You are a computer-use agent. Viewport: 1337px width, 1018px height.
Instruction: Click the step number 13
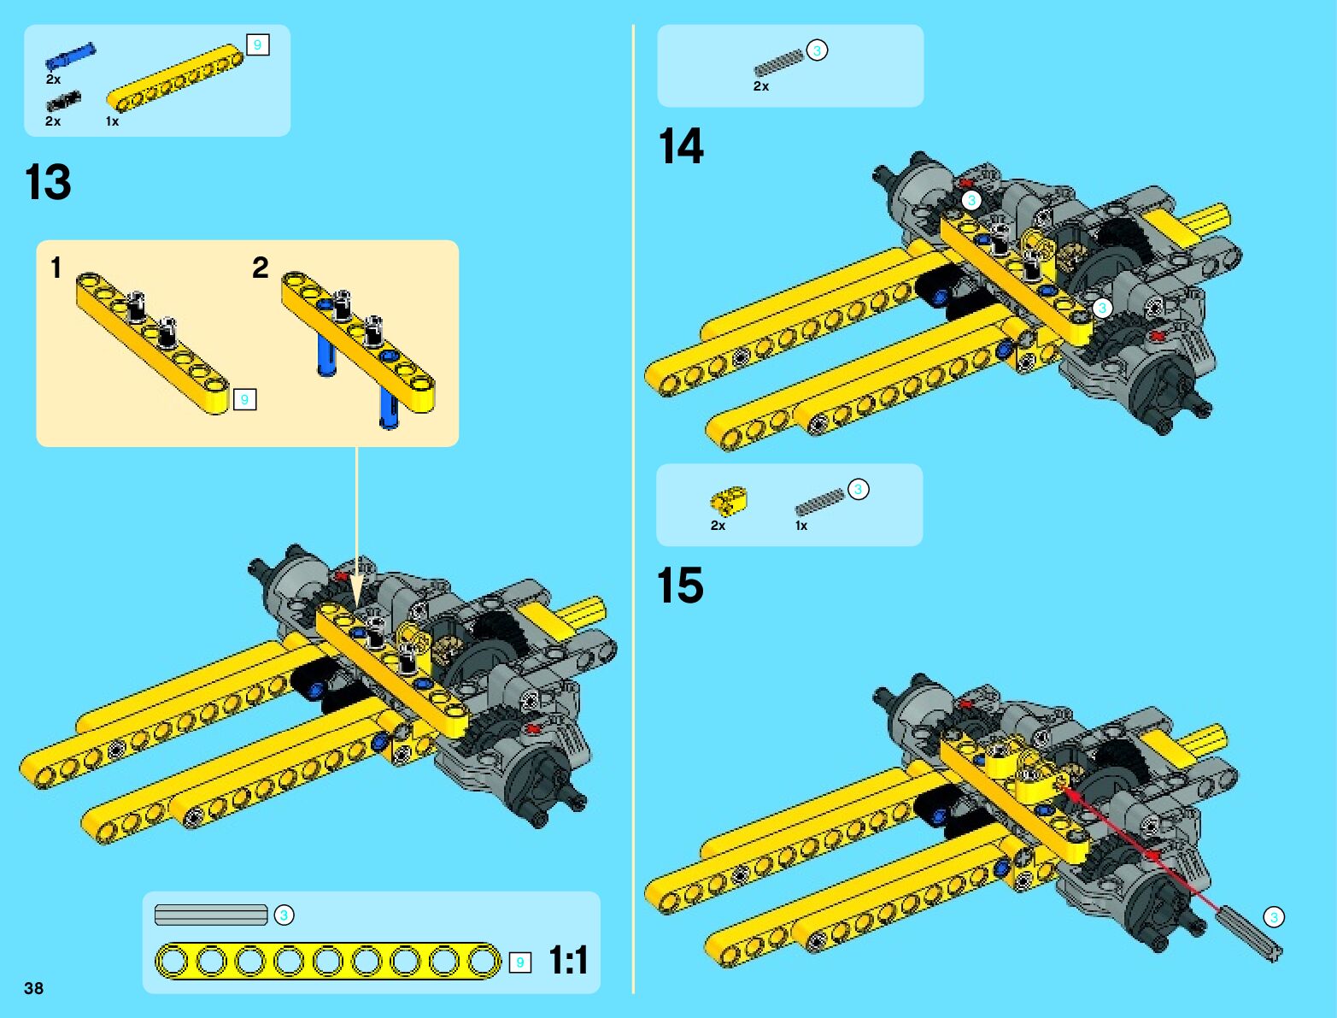(48, 182)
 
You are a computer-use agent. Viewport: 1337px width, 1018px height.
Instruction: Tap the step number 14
(681, 146)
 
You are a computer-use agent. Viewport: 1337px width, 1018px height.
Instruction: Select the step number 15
(680, 585)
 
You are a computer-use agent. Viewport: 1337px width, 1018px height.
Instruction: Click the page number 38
(33, 988)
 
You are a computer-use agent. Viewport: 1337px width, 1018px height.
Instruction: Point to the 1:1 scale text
(568, 960)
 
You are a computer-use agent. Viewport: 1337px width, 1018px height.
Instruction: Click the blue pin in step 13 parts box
(70, 56)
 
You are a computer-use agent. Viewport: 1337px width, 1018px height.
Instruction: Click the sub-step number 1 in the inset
(56, 268)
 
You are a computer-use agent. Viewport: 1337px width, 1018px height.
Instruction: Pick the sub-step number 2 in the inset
(261, 268)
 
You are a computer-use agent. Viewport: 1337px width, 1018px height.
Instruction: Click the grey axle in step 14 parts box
(778, 64)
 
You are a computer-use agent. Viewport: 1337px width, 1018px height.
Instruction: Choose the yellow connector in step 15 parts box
(729, 500)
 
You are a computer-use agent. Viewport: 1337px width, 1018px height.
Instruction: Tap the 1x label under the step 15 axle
(801, 526)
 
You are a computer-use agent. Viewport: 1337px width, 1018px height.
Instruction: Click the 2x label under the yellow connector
(718, 526)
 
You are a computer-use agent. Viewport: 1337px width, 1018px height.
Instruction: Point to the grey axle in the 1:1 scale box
(211, 915)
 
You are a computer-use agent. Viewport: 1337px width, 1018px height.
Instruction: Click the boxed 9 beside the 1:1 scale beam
(519, 962)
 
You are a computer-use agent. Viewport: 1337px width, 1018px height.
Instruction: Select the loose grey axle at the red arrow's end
(1252, 934)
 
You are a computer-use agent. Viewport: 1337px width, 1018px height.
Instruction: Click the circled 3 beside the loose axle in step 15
(1274, 917)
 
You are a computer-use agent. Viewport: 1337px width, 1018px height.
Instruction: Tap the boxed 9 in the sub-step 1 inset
(244, 399)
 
